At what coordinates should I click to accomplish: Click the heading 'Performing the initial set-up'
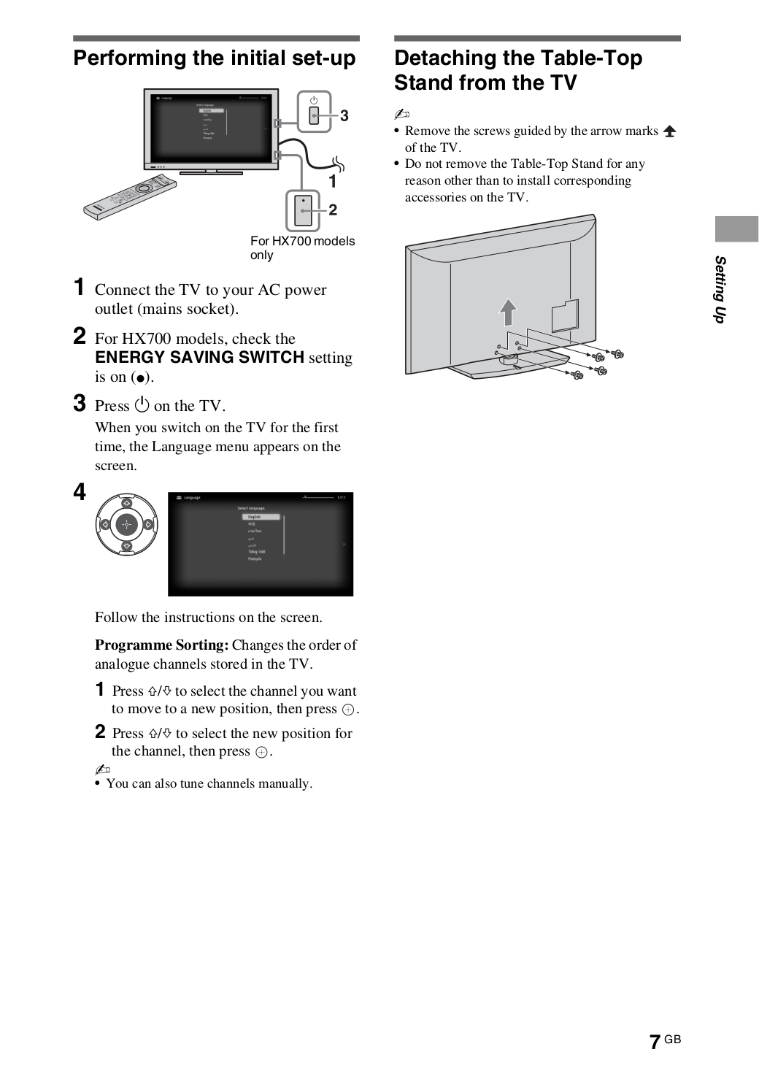(215, 58)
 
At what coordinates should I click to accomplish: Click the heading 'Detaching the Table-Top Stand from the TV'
(517, 70)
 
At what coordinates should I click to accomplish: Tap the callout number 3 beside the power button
(344, 115)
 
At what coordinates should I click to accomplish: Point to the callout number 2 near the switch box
(333, 210)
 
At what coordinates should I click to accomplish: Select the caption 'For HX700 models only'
(302, 247)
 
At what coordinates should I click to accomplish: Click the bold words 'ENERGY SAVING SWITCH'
(199, 358)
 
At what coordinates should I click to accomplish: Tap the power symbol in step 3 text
(142, 405)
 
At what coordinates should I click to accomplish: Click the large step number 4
(80, 493)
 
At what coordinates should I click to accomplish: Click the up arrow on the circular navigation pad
(126, 503)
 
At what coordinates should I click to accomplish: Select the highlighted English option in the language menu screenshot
(261, 517)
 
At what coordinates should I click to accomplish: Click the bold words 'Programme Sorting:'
(162, 645)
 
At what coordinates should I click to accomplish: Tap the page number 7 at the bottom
(655, 1042)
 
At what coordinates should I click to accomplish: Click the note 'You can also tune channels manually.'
(209, 783)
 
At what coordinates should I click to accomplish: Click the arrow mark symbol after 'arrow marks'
(669, 131)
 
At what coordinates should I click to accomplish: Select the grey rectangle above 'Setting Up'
(736, 229)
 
